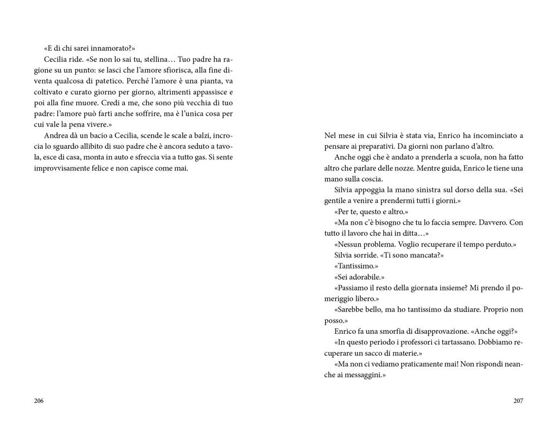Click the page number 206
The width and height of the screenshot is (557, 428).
[x=38, y=401]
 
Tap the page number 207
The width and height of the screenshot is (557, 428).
[x=518, y=401]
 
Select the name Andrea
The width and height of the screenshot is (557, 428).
[x=55, y=135]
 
